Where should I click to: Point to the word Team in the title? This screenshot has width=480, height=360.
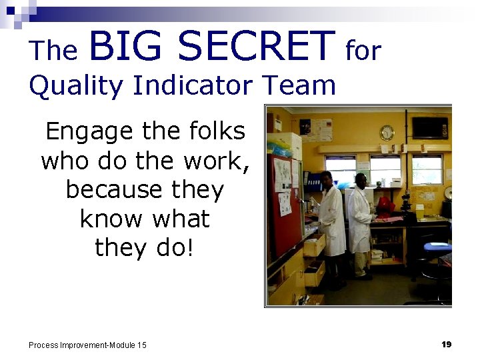tap(299, 86)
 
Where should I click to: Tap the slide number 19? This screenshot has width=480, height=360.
tap(446, 344)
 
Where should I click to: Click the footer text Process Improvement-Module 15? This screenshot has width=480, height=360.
tap(87, 345)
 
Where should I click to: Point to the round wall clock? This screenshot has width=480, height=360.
tap(387, 132)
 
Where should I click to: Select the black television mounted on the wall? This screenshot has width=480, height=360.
tap(429, 127)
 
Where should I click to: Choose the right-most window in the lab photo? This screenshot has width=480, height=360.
tap(427, 169)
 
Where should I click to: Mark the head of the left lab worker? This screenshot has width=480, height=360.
tap(327, 178)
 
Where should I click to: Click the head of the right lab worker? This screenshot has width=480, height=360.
tap(361, 180)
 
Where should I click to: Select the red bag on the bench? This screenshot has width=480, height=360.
tap(385, 204)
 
